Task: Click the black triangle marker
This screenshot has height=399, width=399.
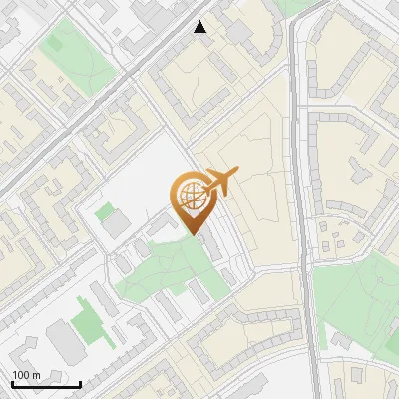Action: (x=200, y=27)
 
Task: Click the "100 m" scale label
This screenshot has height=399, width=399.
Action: (x=26, y=375)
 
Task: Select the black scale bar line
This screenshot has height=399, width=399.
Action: (x=46, y=384)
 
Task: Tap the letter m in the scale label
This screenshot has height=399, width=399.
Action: (x=36, y=375)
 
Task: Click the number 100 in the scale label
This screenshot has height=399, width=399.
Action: (x=21, y=375)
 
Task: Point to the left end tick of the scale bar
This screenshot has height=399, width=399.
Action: (x=12, y=382)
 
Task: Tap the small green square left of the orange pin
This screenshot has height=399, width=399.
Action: (x=104, y=210)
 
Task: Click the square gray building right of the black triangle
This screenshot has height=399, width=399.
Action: (x=239, y=32)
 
